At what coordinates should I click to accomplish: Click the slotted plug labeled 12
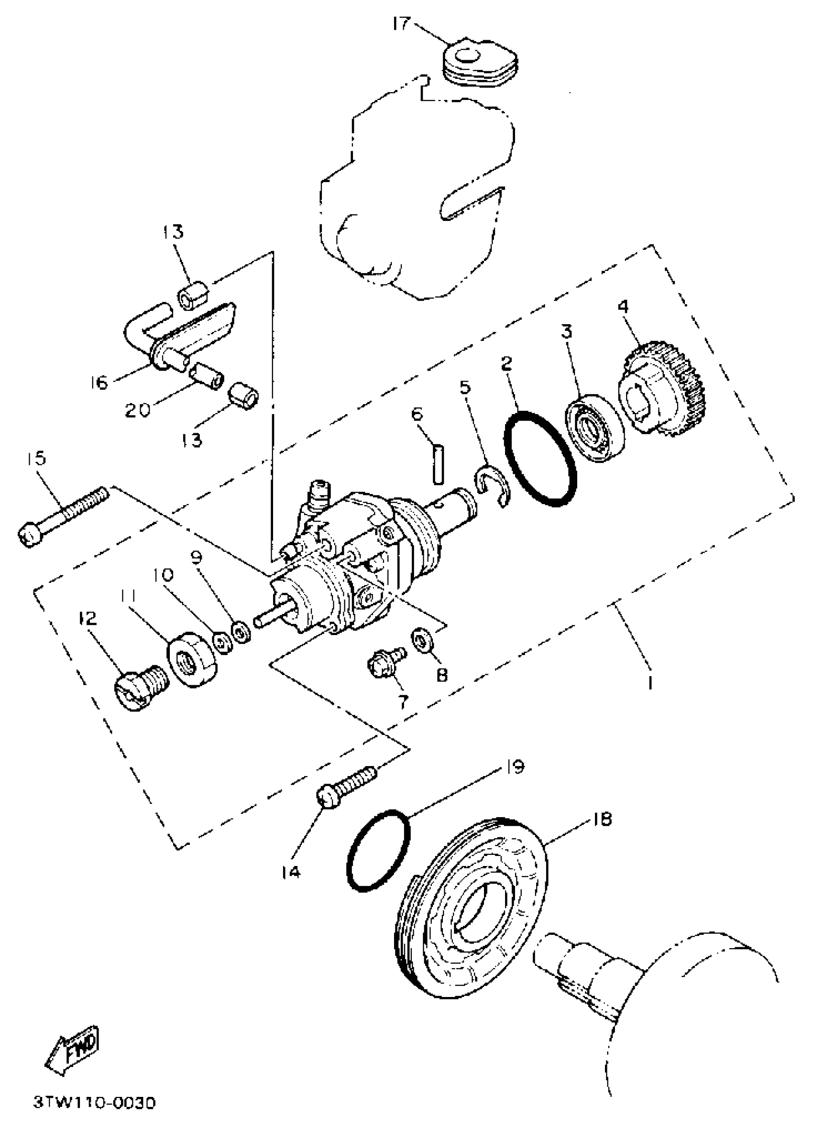click(x=141, y=687)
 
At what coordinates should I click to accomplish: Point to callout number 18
click(x=603, y=819)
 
